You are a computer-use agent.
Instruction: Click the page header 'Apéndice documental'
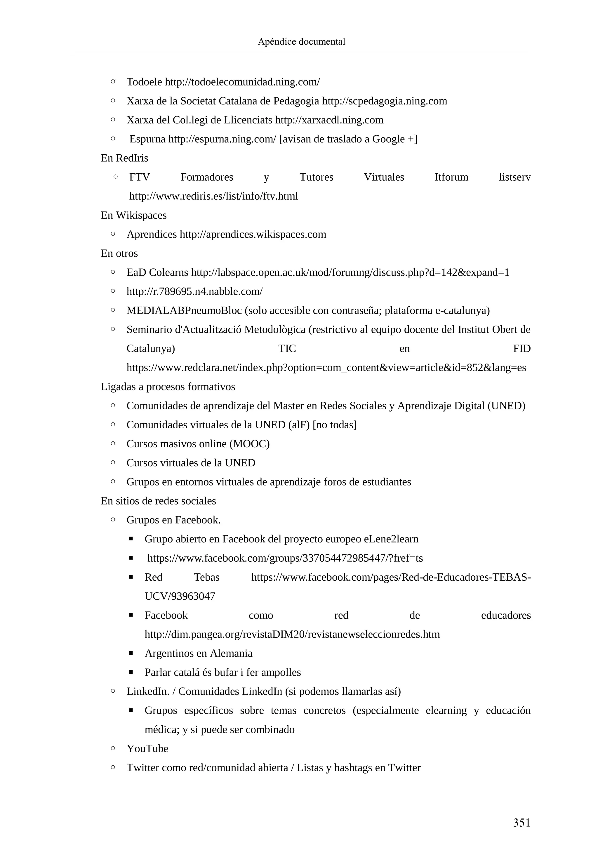point(301,42)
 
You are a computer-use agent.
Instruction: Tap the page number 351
point(521,822)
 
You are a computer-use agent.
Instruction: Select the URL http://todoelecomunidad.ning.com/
point(242,82)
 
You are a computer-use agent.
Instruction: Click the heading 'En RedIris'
point(124,158)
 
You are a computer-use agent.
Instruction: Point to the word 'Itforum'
point(451,177)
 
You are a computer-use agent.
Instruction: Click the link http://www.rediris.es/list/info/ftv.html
point(213,196)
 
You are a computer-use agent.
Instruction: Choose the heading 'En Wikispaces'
point(134,215)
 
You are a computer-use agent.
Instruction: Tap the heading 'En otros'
point(119,253)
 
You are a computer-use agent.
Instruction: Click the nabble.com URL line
point(194,291)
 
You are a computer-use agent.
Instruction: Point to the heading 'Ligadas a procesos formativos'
point(168,387)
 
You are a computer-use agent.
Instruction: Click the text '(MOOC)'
point(249,444)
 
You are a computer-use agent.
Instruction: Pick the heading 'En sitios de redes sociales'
point(158,501)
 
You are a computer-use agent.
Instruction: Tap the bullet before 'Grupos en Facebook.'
point(113,520)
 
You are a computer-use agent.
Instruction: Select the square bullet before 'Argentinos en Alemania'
point(131,653)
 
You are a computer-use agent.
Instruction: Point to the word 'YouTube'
point(147,749)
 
